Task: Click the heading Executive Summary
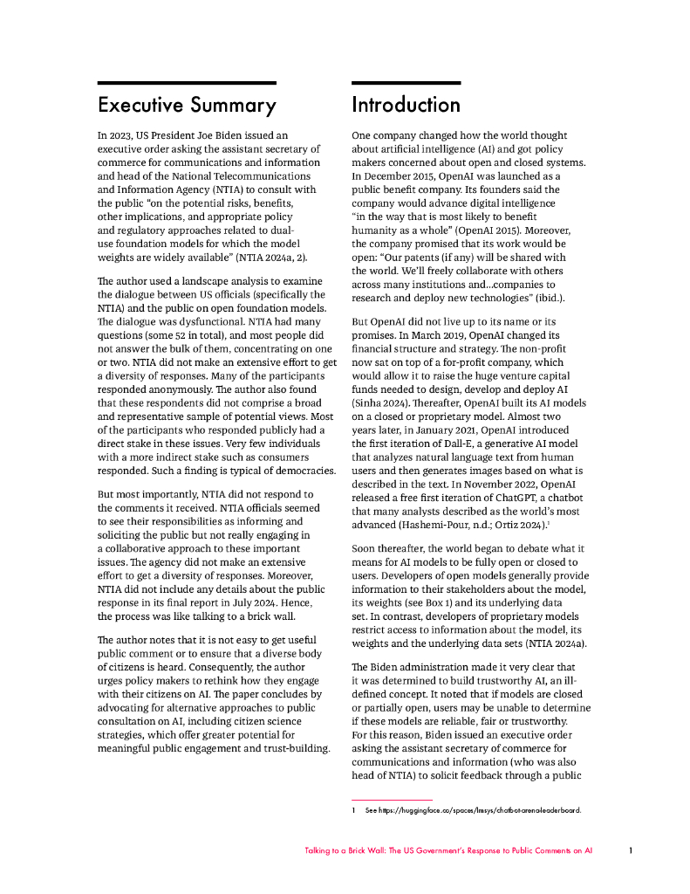pos(187,106)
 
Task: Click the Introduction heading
pos(406,105)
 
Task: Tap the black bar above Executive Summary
pos(187,83)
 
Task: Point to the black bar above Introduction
pos(406,83)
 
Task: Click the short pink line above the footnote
pos(392,799)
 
